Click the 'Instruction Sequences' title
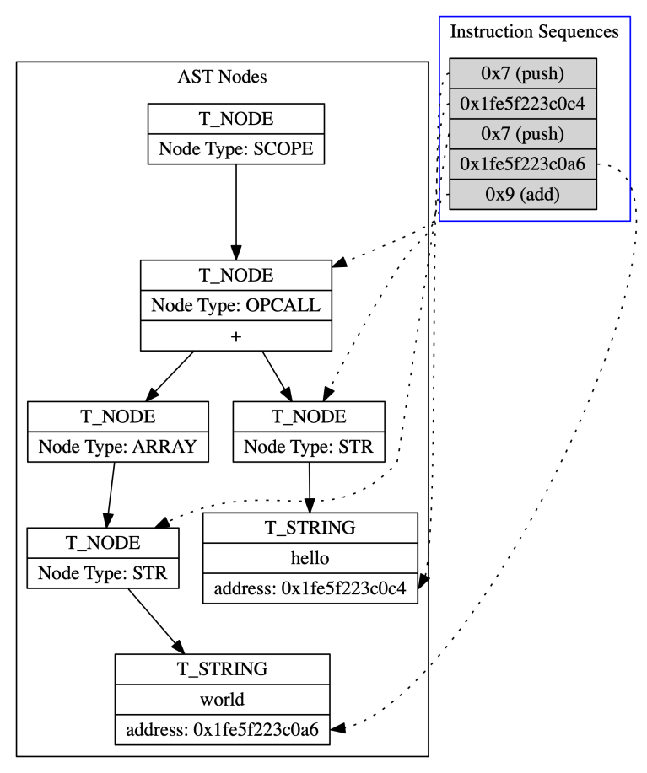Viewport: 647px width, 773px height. click(x=535, y=33)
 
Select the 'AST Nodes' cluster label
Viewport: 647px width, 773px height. click(x=222, y=78)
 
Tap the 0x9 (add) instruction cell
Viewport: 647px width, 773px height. click(x=523, y=192)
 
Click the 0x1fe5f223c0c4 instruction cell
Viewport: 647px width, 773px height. click(x=523, y=104)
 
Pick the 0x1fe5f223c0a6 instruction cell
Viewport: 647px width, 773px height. click(x=523, y=163)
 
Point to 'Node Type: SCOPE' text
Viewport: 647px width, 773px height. click(x=235, y=149)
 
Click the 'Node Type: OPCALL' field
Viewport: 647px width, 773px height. click(x=235, y=305)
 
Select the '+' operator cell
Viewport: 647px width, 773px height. click(x=235, y=336)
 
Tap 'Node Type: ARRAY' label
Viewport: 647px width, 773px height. click(x=117, y=447)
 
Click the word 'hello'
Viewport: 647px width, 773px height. click(x=310, y=558)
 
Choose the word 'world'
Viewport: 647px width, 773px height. click(x=222, y=700)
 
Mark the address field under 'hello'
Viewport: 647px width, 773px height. click(x=310, y=588)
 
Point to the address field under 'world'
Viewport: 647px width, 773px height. click(x=222, y=729)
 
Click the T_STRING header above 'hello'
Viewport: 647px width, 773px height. click(x=310, y=528)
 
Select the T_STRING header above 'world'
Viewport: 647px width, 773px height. click(x=222, y=669)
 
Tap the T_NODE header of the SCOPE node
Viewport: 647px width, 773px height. click(x=235, y=119)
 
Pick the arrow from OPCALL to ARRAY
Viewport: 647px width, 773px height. click(x=171, y=376)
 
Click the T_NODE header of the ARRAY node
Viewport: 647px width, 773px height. click(x=117, y=416)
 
